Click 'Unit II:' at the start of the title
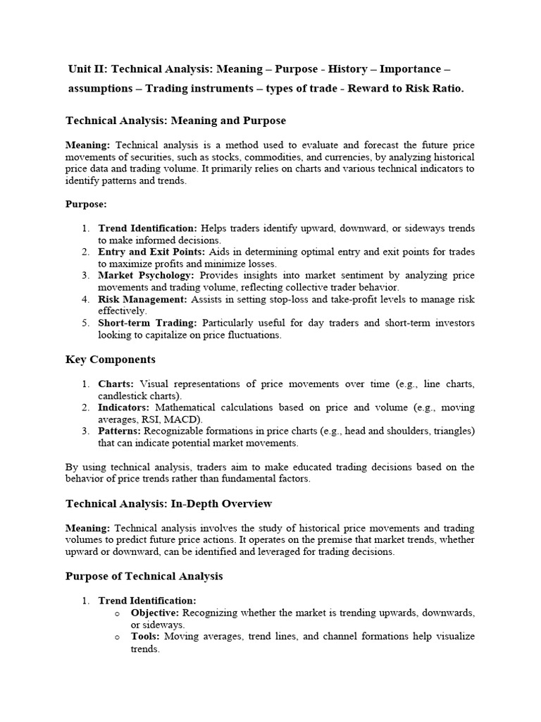click(x=88, y=69)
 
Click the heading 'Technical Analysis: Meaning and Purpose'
click(x=175, y=121)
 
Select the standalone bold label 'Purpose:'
click(x=86, y=204)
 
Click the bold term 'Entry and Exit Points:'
click(x=148, y=252)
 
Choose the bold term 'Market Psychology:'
click(x=146, y=276)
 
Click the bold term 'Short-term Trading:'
click(x=148, y=323)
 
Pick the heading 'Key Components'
click(x=111, y=360)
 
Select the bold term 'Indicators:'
click(x=124, y=408)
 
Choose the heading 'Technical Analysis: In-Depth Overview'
click(x=168, y=503)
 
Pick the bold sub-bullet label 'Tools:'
click(x=145, y=636)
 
